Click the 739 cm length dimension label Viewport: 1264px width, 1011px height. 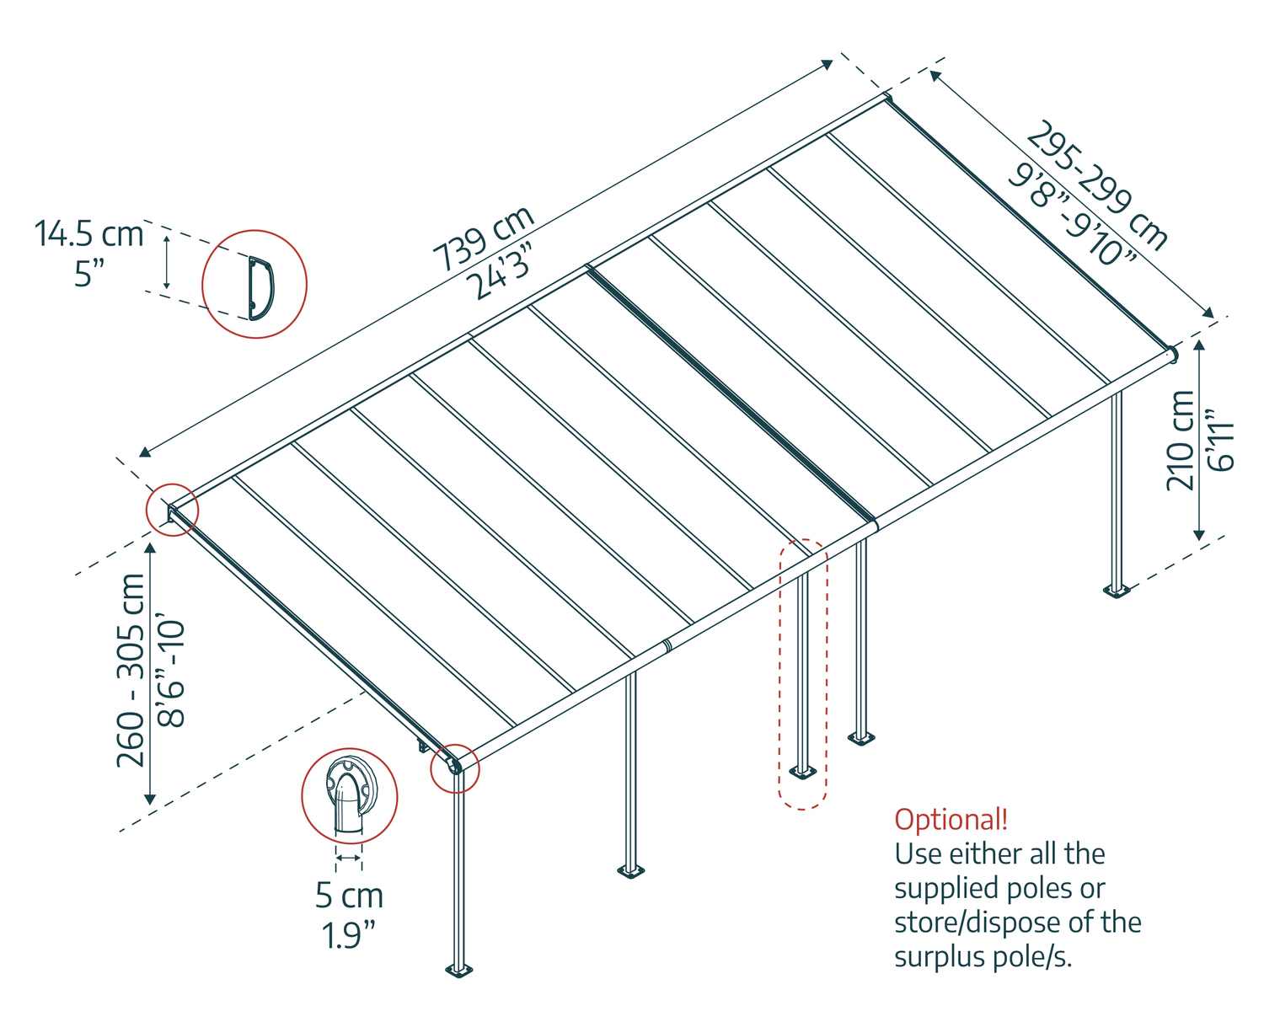(484, 238)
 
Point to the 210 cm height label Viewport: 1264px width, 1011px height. (1181, 440)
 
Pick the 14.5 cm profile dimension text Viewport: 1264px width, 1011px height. (89, 233)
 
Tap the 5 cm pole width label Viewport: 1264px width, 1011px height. (349, 896)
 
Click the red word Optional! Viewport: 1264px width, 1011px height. (951, 819)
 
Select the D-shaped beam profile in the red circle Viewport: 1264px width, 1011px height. (260, 286)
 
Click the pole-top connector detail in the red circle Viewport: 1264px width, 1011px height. (349, 795)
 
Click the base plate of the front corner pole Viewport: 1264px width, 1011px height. (459, 968)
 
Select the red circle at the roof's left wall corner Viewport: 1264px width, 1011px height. (172, 509)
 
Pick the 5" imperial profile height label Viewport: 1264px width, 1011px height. (89, 273)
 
